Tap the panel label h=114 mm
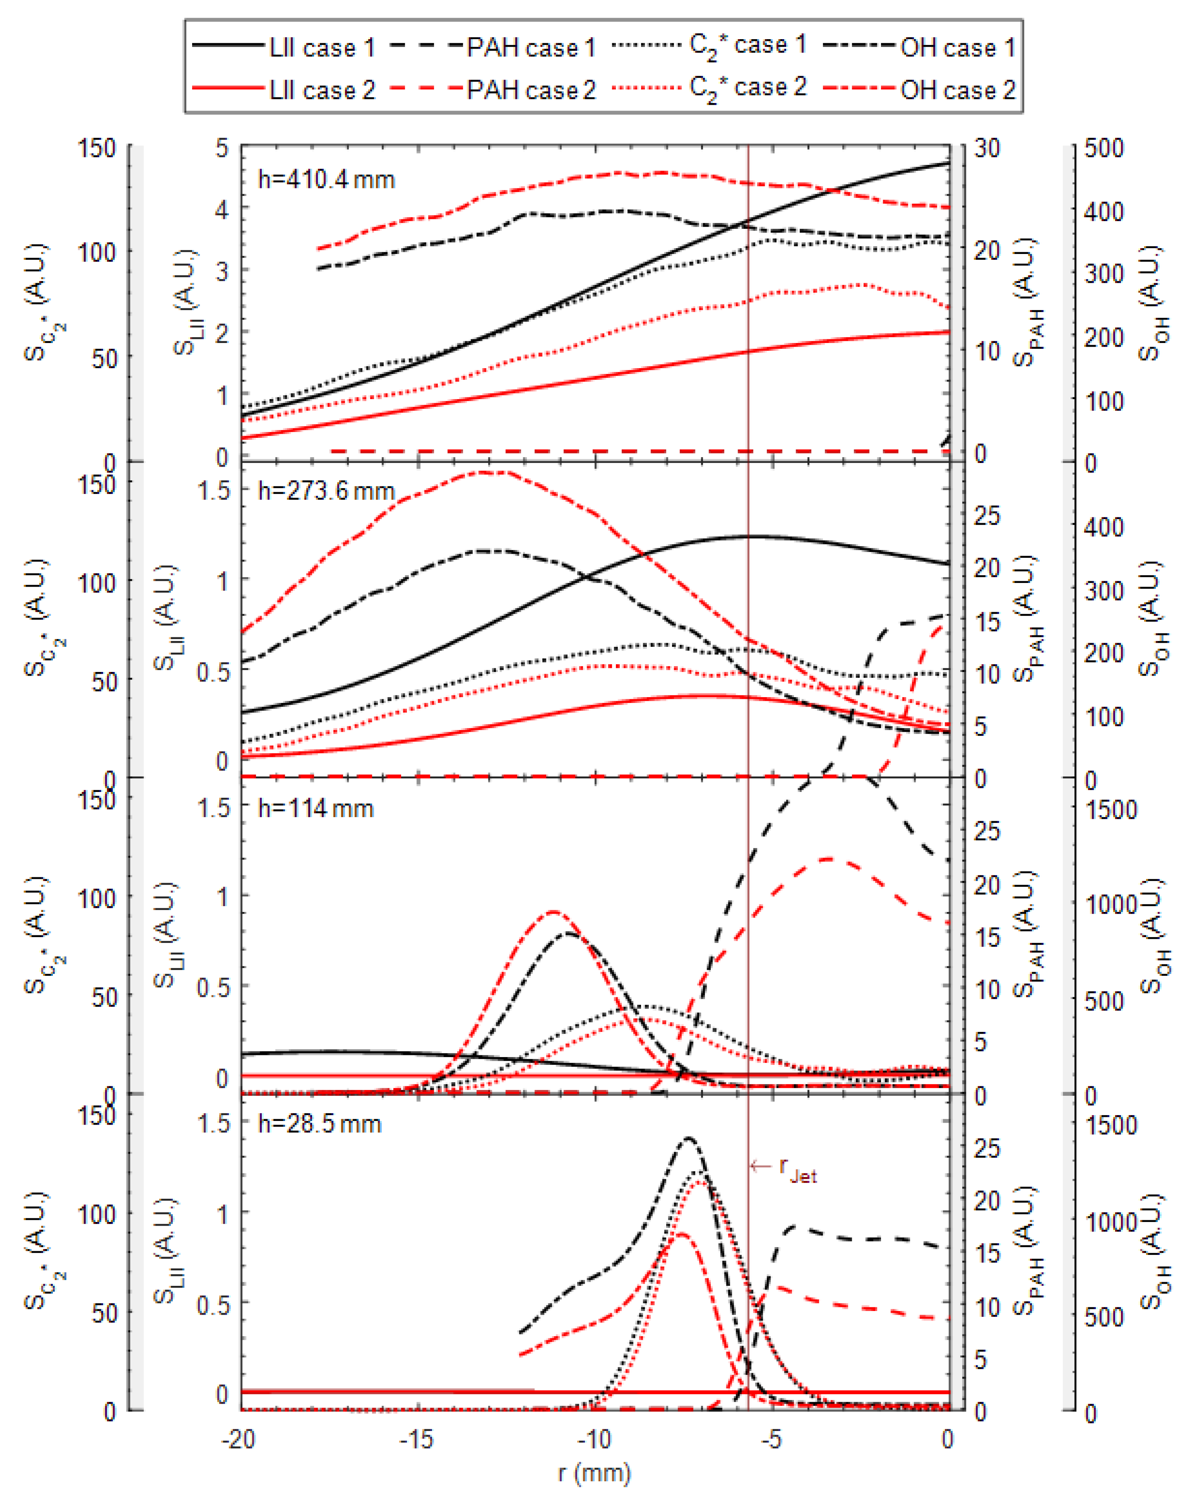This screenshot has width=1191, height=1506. (x=315, y=809)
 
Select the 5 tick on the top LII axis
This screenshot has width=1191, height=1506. (x=222, y=148)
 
